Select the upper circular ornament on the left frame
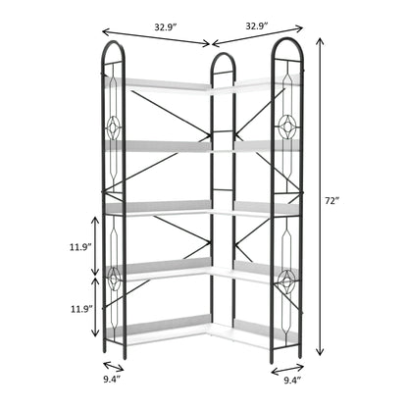(x=115, y=127)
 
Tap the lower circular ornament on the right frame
(x=288, y=279)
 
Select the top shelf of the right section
(x=251, y=88)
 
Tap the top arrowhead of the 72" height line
(x=320, y=39)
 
